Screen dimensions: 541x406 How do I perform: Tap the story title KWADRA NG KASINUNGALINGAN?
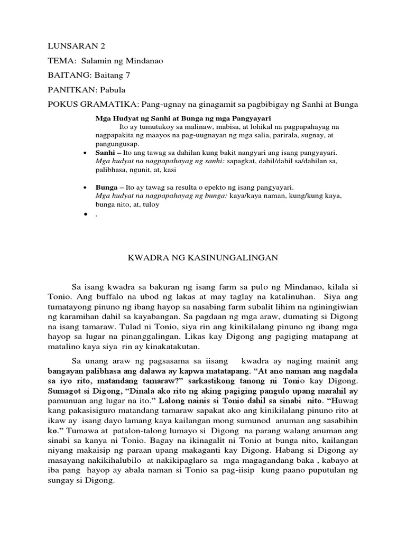tap(202, 257)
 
